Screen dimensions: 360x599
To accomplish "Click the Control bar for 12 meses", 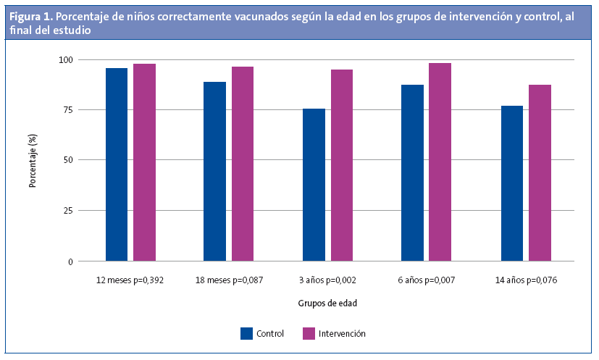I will (117, 164).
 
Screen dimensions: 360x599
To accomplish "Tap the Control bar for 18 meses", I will (214, 171).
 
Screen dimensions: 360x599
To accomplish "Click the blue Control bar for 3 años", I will (314, 185).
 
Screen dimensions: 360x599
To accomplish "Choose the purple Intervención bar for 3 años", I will (342, 165).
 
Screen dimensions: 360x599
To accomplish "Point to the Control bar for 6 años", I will (412, 173).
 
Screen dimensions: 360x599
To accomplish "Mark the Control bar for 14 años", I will (511, 183).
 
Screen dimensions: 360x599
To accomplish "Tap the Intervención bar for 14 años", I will (540, 173).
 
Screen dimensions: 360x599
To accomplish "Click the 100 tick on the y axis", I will (65, 59).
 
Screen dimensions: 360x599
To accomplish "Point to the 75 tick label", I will (67, 110).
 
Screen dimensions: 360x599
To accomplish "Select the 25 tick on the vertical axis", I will (67, 211).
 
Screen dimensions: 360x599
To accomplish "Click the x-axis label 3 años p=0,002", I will (328, 280).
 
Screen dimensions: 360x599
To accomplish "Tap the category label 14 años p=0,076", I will (525, 280).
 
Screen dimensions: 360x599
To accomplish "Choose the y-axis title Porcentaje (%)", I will (33, 160).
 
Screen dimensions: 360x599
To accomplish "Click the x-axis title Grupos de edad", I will (327, 304).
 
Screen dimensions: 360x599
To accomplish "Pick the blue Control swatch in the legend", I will (247, 333).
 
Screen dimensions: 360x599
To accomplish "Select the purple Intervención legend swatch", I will (309, 333).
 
